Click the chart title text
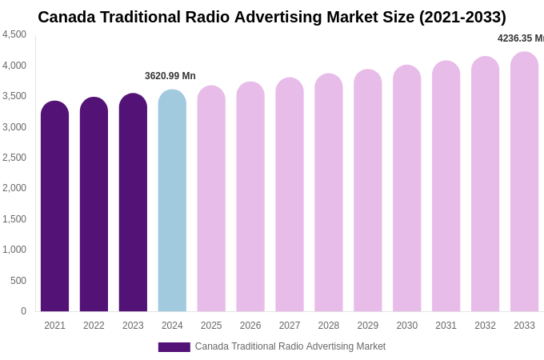pyautogui.click(x=272, y=17)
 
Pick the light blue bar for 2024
pyautogui.click(x=172, y=201)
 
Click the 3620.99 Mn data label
pyautogui.click(x=170, y=76)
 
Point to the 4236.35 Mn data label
pyautogui.click(x=520, y=38)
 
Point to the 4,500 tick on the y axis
pyautogui.click(x=14, y=34)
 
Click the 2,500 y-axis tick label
pyautogui.click(x=14, y=158)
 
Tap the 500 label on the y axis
pyautogui.click(x=18, y=281)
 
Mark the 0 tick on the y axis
pyautogui.click(x=23, y=311)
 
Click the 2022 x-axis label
pyautogui.click(x=94, y=326)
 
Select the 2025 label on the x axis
pyautogui.click(x=211, y=326)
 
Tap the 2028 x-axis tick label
pyautogui.click(x=329, y=326)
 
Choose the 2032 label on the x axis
pyautogui.click(x=485, y=326)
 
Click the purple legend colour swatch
pyautogui.click(x=174, y=347)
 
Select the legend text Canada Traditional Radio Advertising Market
pyautogui.click(x=290, y=346)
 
